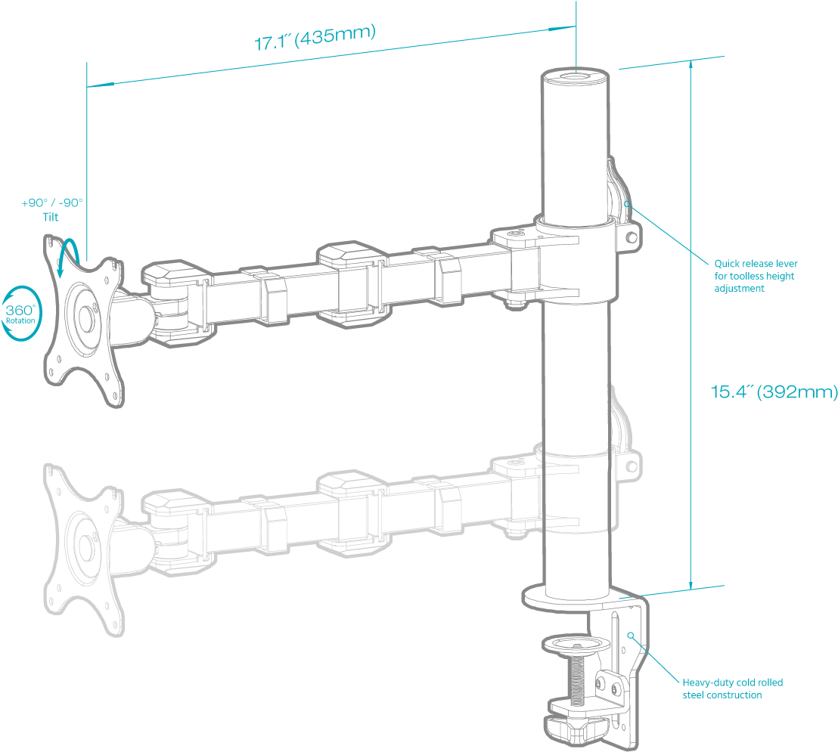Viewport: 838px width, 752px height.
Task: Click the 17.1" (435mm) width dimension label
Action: click(315, 39)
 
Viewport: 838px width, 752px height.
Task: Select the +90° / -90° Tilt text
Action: click(51, 209)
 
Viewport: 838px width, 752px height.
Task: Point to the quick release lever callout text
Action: click(756, 276)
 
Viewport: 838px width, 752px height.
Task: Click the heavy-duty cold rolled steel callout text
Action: click(732, 688)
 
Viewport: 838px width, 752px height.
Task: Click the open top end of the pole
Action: click(575, 77)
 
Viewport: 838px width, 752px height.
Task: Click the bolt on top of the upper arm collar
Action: click(518, 234)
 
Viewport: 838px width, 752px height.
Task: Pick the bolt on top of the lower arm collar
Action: click(518, 463)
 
